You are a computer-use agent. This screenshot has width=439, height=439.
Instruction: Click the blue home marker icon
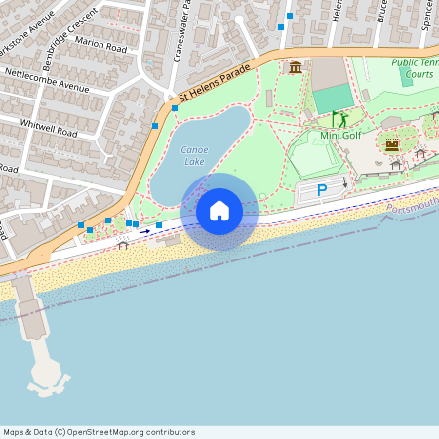pyautogui.click(x=219, y=211)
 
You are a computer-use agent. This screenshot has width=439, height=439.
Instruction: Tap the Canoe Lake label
pyautogui.click(x=194, y=155)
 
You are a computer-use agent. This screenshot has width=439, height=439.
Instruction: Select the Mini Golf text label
pyautogui.click(x=341, y=136)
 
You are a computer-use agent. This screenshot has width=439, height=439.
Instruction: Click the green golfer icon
pyautogui.click(x=341, y=119)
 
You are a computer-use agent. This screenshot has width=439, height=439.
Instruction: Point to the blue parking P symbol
pyautogui.click(x=322, y=191)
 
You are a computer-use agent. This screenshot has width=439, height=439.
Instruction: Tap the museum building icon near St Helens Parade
pyautogui.click(x=295, y=67)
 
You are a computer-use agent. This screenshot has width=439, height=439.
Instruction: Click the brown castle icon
pyautogui.click(x=392, y=144)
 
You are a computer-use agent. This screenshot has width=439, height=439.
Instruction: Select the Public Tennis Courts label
pyautogui.click(x=414, y=68)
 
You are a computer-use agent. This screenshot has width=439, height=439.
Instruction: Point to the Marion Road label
pyautogui.click(x=101, y=46)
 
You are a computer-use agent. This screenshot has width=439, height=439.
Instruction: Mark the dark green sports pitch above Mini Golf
pyautogui.click(x=333, y=98)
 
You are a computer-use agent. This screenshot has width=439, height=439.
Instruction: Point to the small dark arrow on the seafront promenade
pyautogui.click(x=144, y=231)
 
